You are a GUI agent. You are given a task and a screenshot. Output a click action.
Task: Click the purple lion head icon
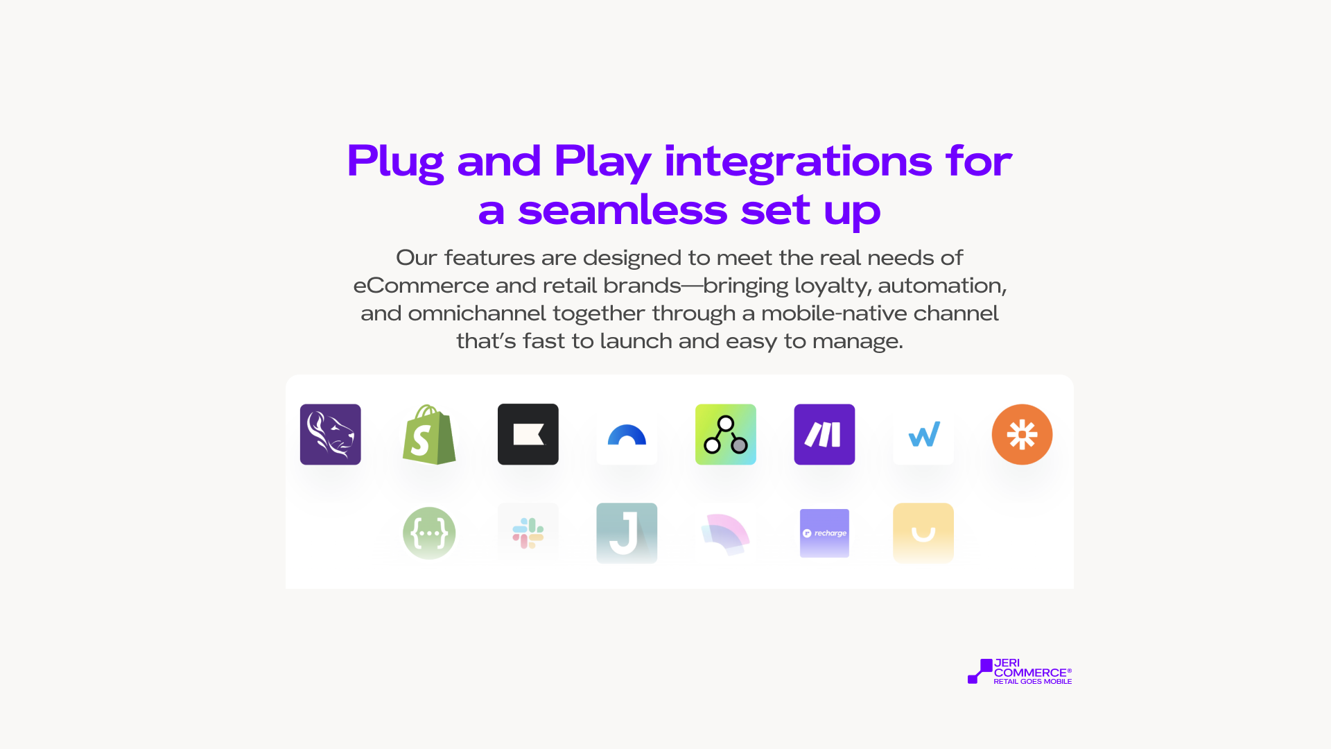point(330,434)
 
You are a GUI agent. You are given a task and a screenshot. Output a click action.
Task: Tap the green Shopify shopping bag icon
point(429,435)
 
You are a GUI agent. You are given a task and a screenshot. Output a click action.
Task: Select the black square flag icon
point(528,434)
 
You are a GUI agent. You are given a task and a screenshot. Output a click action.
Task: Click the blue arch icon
point(627,436)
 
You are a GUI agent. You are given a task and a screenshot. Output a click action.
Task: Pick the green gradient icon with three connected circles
point(726,434)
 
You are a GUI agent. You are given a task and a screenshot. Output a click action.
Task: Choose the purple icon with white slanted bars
point(824,434)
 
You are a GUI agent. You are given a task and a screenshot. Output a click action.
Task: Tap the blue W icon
point(924,435)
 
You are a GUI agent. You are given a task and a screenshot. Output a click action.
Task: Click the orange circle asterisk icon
point(1022,434)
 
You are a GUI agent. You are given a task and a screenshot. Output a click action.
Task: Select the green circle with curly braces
point(429,533)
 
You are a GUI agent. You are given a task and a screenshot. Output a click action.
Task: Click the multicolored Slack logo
point(528,533)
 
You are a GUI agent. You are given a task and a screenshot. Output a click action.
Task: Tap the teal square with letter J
point(627,533)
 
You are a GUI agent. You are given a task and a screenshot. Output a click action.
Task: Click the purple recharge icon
point(824,533)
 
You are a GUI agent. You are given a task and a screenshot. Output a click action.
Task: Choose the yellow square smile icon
point(923,533)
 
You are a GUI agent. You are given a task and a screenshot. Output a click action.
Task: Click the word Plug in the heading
point(395,162)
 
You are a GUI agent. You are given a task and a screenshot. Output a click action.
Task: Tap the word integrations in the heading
point(798,162)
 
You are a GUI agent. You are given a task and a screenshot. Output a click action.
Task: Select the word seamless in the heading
point(623,210)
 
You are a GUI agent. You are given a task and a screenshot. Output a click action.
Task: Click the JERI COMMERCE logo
point(1020,671)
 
